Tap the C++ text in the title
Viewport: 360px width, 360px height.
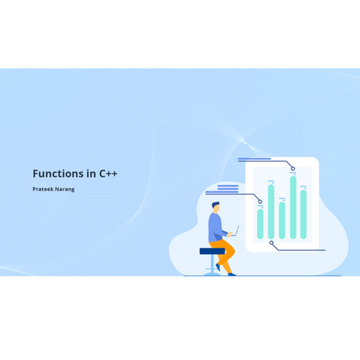point(108,174)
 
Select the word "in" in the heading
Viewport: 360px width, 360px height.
point(91,174)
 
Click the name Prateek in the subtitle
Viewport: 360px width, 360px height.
point(43,189)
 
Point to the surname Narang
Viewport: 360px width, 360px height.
point(65,189)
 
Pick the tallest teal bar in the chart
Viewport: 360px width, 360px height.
point(293,207)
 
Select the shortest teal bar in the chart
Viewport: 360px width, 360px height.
point(260,224)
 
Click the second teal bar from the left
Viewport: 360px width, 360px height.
point(271,212)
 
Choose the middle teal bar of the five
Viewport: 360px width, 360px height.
point(282,220)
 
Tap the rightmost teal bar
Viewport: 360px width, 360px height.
point(304,215)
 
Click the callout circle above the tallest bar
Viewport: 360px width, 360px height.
point(293,168)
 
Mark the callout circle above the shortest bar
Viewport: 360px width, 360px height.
point(260,202)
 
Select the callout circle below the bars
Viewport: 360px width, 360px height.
point(271,243)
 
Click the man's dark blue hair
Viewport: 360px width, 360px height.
point(215,204)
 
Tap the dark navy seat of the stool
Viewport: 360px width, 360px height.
point(212,251)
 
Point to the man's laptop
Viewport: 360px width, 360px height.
point(235,231)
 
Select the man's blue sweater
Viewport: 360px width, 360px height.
point(216,228)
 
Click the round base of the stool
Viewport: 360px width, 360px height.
point(212,274)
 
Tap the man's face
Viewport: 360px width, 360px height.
point(217,208)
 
